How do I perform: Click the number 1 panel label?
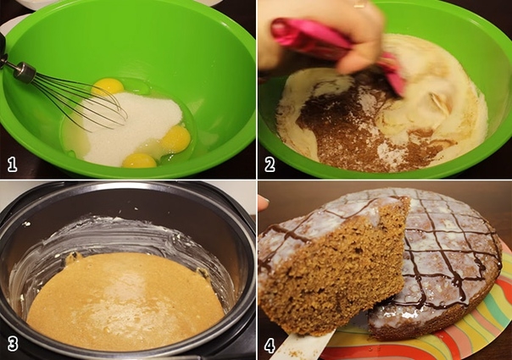tap(12, 164)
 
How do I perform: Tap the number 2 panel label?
tap(270, 164)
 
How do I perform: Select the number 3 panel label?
tap(13, 344)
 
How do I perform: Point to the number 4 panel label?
tap(270, 345)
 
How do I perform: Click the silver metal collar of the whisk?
tap(25, 73)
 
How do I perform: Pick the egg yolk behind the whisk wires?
tap(109, 86)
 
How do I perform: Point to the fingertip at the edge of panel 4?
tap(262, 203)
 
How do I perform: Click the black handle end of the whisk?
tap(3, 49)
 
